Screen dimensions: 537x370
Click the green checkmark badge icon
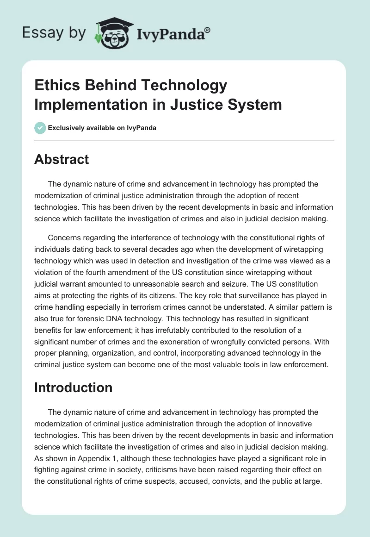[40, 128]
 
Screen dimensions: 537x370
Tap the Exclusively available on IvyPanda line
[102, 128]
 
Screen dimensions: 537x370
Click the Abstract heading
[62, 159]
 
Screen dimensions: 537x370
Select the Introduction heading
[73, 387]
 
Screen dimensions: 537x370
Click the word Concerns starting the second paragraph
[63, 237]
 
